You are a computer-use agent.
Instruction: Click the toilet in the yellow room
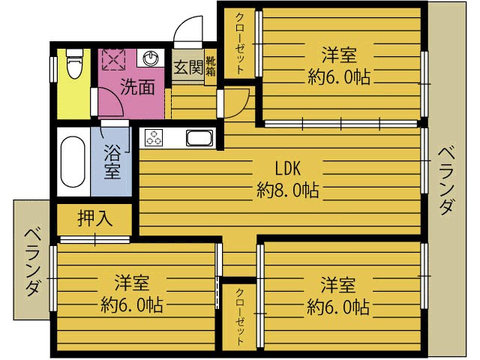click(x=75, y=63)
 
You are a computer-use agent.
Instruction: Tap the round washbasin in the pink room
click(x=151, y=57)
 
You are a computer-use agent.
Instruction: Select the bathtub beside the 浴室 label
click(x=73, y=162)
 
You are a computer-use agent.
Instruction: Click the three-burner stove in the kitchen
click(x=154, y=137)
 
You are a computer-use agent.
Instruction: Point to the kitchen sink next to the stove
click(x=199, y=138)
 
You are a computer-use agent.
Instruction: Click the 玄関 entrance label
click(x=188, y=67)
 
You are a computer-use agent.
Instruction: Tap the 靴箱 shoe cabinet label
click(x=211, y=67)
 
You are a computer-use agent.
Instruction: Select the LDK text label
click(x=287, y=168)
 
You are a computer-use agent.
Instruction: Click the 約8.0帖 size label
click(x=288, y=190)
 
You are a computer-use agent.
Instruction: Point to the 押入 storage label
click(x=95, y=218)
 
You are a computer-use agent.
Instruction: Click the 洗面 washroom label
click(x=137, y=87)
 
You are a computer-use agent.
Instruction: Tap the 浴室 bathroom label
click(x=112, y=161)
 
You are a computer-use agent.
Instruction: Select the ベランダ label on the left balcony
click(x=32, y=262)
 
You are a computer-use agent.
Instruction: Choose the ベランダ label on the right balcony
click(x=445, y=181)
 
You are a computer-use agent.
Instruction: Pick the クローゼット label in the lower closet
click(x=239, y=317)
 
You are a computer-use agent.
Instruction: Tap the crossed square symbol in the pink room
click(x=113, y=59)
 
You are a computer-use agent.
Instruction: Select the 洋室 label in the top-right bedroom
click(x=339, y=55)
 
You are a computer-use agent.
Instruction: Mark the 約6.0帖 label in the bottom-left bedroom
click(x=132, y=304)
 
